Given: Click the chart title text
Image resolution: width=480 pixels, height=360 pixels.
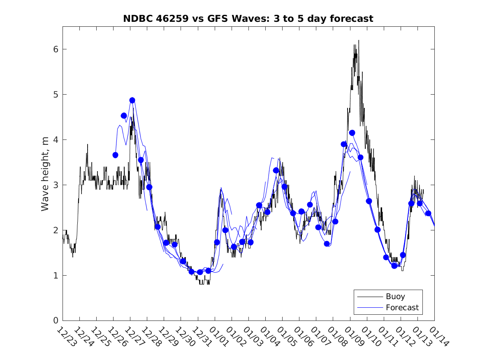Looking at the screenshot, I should click(x=248, y=19).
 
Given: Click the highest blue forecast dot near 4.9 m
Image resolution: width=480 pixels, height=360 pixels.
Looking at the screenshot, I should click(x=132, y=100).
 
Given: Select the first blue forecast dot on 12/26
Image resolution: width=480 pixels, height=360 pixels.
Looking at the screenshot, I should click(x=115, y=155).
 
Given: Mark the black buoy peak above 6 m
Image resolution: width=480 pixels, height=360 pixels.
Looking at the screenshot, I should click(x=359, y=40).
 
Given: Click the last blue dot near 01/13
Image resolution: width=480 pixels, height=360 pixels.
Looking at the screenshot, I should click(x=428, y=213).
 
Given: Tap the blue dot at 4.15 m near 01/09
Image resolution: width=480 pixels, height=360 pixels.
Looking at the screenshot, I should click(x=352, y=133).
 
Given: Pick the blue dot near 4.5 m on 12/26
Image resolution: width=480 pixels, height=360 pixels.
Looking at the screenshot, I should click(x=124, y=116).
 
